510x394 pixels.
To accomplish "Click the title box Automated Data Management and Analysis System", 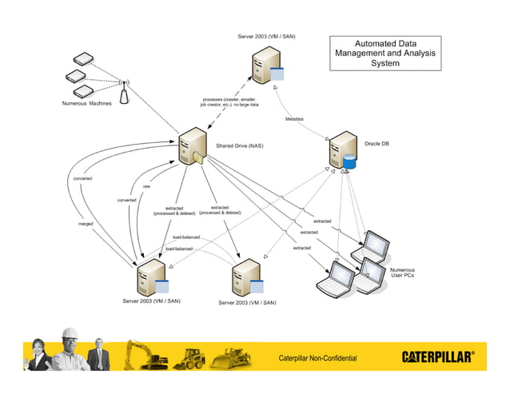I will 385,53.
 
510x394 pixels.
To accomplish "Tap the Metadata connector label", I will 294,119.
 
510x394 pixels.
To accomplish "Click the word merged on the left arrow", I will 86,224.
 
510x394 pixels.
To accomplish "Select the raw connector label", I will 146,186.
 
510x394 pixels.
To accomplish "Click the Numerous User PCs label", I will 401,274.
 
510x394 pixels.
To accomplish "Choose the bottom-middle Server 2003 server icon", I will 245,280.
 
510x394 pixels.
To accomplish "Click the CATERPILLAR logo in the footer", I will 442,356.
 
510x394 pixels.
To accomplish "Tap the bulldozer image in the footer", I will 229,358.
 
